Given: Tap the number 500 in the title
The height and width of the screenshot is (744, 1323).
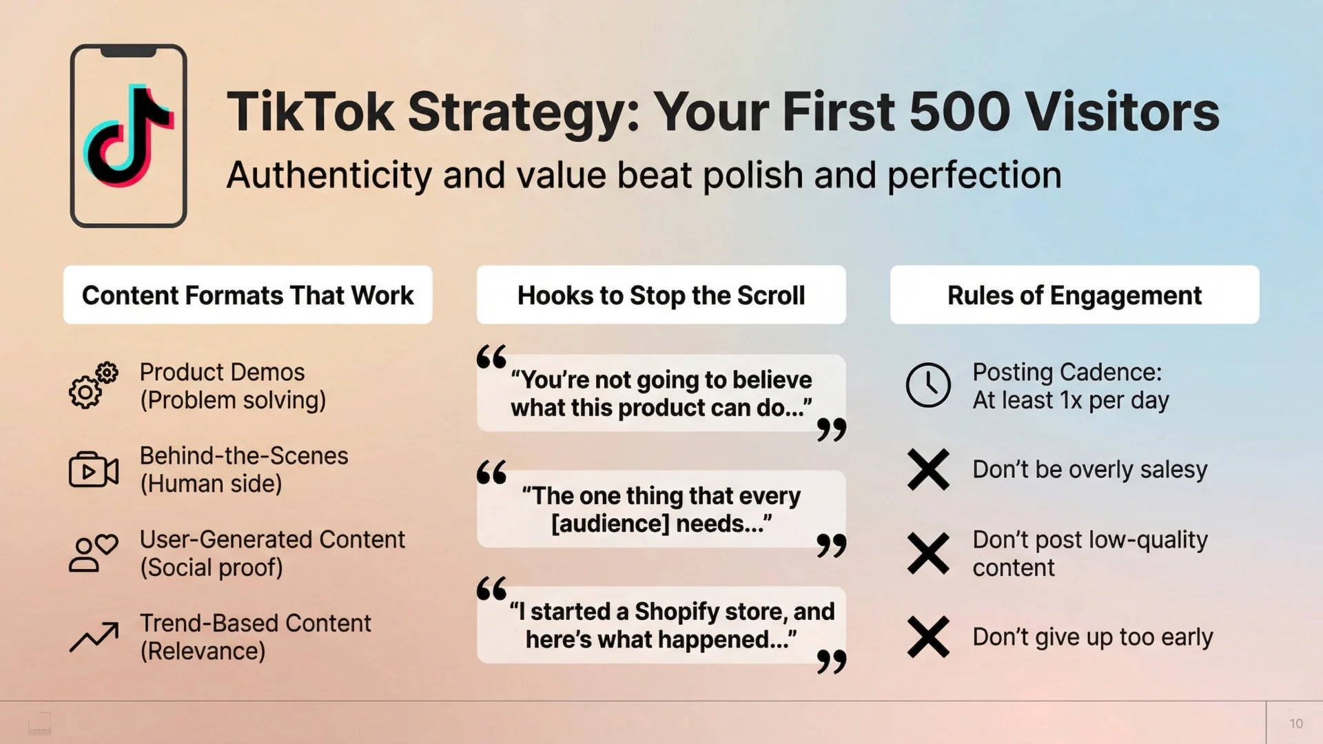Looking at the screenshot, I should pyautogui.click(x=959, y=112).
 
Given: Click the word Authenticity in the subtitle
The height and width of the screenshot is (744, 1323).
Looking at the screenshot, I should pyautogui.click(x=329, y=175).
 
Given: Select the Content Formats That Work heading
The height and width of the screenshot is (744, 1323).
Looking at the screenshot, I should pyautogui.click(x=247, y=296).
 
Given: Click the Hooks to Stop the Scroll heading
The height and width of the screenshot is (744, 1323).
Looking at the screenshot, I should pyautogui.click(x=661, y=296).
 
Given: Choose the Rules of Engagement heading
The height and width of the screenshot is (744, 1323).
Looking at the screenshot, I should pyautogui.click(x=1074, y=296).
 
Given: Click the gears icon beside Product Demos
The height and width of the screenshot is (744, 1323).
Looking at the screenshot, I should pyautogui.click(x=93, y=386).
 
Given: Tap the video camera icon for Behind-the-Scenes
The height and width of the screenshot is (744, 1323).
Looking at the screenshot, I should pyautogui.click(x=93, y=471).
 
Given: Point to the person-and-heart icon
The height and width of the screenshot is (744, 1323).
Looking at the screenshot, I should pyautogui.click(x=93, y=553).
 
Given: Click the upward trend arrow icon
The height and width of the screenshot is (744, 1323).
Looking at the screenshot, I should pyautogui.click(x=94, y=637).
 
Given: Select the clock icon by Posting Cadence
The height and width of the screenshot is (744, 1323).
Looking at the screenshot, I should pyautogui.click(x=927, y=385).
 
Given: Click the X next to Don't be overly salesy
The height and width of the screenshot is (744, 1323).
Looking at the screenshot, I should pyautogui.click(x=927, y=470).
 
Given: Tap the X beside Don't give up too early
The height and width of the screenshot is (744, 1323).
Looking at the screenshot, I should pyautogui.click(x=927, y=637).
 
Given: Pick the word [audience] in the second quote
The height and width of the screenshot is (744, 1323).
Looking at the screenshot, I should pyautogui.click(x=610, y=524).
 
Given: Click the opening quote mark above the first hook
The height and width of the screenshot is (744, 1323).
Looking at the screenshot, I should pyautogui.click(x=491, y=357).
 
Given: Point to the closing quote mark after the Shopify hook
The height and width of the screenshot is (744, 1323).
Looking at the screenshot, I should pyautogui.click(x=831, y=661).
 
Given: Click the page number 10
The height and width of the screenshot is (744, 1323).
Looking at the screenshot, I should pyautogui.click(x=1295, y=723).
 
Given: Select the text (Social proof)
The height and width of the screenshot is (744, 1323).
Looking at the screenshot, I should pyautogui.click(x=211, y=568).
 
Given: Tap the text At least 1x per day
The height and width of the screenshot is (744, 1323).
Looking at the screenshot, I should pyautogui.click(x=1070, y=401).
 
